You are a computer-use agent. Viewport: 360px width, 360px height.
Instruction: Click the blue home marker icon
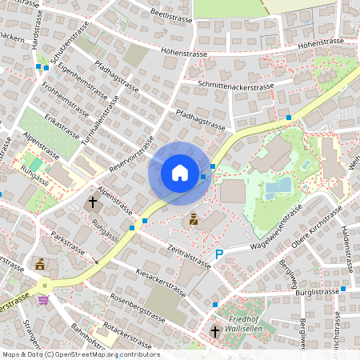(x=179, y=173)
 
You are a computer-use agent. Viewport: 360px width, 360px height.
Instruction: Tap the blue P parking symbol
(x=219, y=254)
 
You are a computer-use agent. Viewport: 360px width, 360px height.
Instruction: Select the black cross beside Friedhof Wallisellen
(x=214, y=331)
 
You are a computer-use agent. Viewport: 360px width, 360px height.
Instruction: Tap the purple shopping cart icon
(x=42, y=301)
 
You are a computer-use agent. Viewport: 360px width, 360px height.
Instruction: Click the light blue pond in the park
(x=278, y=186)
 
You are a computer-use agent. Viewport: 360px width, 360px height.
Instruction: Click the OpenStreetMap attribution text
(x=80, y=354)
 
